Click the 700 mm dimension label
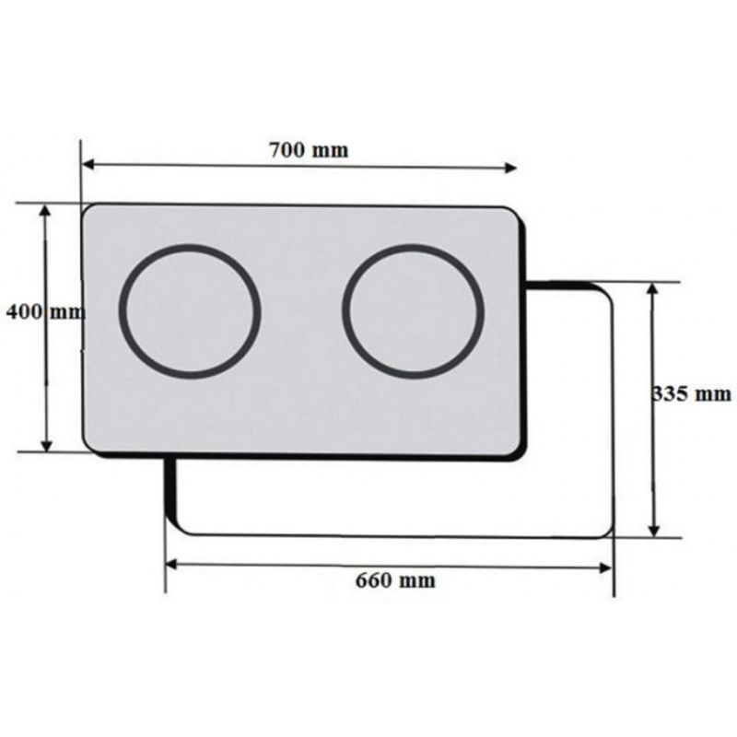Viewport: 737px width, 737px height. tap(309, 150)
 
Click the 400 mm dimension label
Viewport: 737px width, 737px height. tap(45, 311)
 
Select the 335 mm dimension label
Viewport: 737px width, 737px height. tap(692, 393)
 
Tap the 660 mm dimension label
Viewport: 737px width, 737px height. tap(395, 580)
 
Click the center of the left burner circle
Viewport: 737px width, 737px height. tap(190, 311)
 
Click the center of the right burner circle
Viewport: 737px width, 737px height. tap(413, 311)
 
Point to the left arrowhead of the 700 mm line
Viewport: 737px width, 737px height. tap(88, 165)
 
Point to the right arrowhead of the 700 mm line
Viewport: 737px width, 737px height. tap(510, 168)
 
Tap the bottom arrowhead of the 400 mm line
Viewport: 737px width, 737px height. tap(47, 445)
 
